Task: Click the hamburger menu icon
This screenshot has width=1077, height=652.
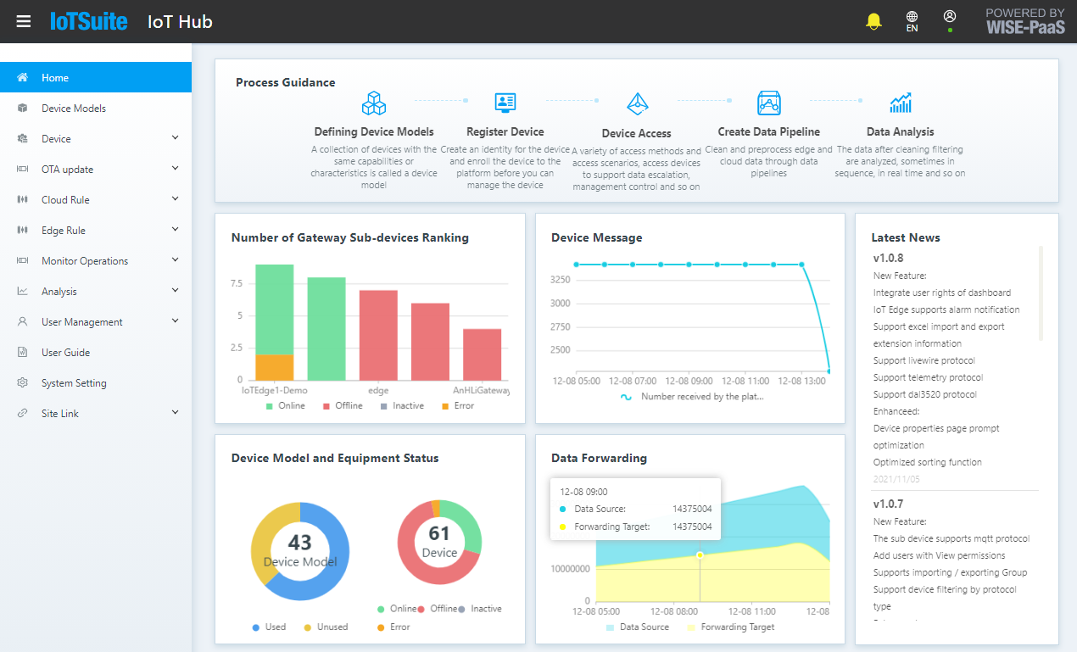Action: click(x=24, y=21)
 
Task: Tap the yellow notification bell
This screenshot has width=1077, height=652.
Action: click(x=873, y=21)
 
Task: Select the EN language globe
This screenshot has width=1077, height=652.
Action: click(x=912, y=21)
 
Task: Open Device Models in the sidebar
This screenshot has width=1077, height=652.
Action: click(x=74, y=109)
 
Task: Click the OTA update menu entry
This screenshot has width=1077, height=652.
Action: click(x=67, y=170)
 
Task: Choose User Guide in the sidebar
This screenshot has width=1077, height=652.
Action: click(x=65, y=353)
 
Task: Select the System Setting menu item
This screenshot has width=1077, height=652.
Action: click(x=74, y=383)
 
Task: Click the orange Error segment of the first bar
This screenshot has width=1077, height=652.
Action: click(x=274, y=367)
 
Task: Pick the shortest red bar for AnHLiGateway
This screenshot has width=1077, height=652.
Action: click(x=482, y=354)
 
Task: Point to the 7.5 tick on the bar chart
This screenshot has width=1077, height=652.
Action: click(x=237, y=283)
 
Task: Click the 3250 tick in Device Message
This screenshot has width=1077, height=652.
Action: click(x=560, y=279)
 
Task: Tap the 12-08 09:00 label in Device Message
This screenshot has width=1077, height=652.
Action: click(x=689, y=382)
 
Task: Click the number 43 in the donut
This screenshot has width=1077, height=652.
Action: click(x=299, y=542)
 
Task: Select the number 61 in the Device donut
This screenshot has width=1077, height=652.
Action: click(x=439, y=533)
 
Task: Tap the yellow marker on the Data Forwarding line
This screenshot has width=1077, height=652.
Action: click(x=700, y=555)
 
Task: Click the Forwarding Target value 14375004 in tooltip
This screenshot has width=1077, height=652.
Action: click(x=691, y=527)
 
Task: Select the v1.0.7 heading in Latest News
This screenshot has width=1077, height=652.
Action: click(x=888, y=504)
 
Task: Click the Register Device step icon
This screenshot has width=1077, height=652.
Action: click(x=505, y=103)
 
